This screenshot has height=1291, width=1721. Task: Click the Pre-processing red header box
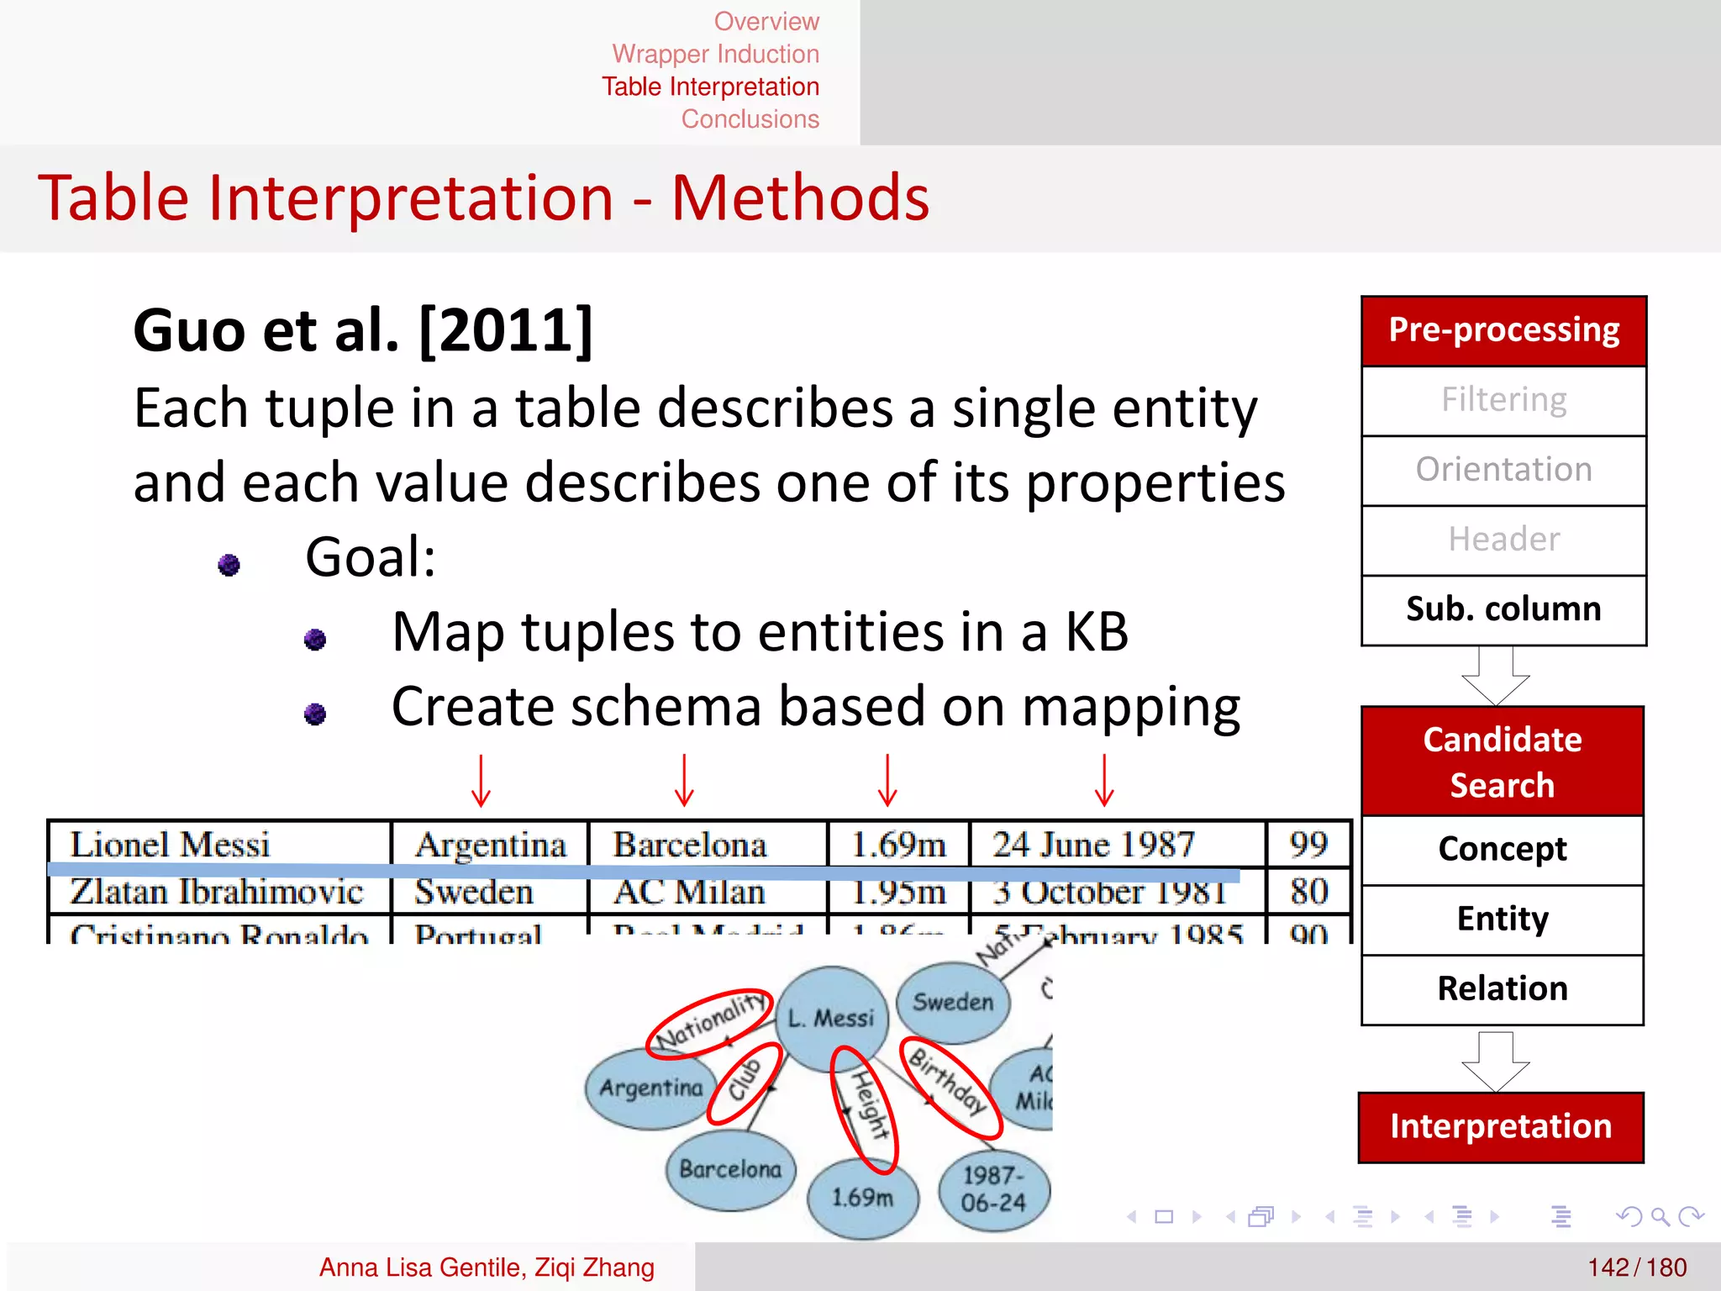(x=1503, y=330)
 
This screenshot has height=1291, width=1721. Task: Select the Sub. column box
(x=1503, y=609)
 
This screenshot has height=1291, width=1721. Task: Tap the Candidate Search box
(x=1502, y=761)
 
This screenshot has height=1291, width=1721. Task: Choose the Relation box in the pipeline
(x=1502, y=988)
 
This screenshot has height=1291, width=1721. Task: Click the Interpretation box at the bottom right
(x=1500, y=1126)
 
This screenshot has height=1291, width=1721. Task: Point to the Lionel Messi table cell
(x=171, y=844)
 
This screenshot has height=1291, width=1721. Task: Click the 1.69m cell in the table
(x=897, y=844)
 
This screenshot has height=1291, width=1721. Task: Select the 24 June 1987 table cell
(x=1093, y=844)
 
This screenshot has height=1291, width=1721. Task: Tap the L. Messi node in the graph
(x=831, y=1018)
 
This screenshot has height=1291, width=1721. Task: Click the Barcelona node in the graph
(x=730, y=1169)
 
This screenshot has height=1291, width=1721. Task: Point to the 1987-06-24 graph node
(x=993, y=1188)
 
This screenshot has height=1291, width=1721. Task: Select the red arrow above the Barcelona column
(x=684, y=780)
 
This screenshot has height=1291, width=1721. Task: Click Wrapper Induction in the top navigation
(x=715, y=54)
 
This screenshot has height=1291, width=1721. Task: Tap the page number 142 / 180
(x=1636, y=1267)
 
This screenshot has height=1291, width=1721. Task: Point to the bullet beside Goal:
(x=229, y=565)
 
